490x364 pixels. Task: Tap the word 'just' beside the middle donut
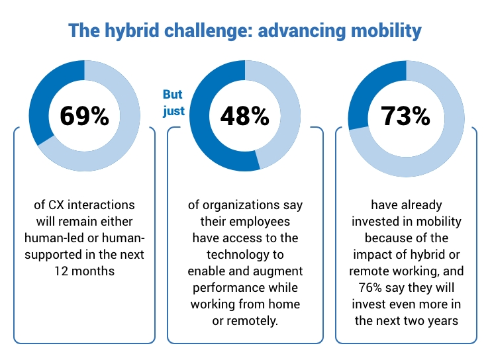(x=173, y=111)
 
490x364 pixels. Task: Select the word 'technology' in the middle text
(x=245, y=255)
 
